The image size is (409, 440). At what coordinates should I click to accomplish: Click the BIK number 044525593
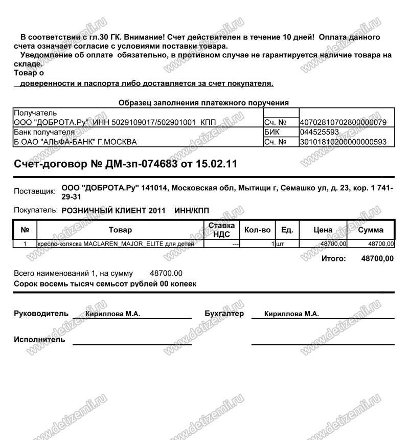pyautogui.click(x=320, y=132)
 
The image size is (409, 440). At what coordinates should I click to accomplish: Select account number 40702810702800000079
pyautogui.click(x=343, y=122)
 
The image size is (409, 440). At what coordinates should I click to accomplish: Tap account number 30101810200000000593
pyautogui.click(x=343, y=142)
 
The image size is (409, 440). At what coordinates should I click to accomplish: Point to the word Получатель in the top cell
pyautogui.click(x=35, y=113)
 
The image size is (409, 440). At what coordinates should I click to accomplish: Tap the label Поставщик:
pyautogui.click(x=35, y=191)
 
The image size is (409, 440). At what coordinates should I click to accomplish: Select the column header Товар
pyautogui.click(x=120, y=230)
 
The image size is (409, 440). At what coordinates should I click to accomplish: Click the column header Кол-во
pyautogui.click(x=258, y=230)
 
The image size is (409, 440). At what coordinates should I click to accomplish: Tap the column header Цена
pyautogui.click(x=323, y=230)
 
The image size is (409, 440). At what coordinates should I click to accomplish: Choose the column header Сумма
pyautogui.click(x=371, y=230)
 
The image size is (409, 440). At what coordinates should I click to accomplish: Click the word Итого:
pyautogui.click(x=333, y=258)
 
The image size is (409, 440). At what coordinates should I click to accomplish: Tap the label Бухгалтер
pyautogui.click(x=224, y=313)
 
